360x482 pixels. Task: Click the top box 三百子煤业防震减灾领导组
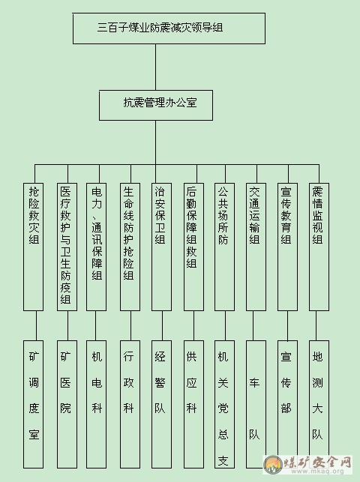[169, 28]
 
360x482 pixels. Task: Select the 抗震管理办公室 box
[156, 105]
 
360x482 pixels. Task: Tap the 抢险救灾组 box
[33, 247]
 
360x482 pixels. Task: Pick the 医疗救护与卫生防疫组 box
[67, 247]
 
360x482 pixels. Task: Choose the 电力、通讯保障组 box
[96, 247]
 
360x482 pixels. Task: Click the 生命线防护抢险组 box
[130, 247]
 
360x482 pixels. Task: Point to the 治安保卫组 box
[162, 247]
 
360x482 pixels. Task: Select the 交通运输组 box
[256, 247]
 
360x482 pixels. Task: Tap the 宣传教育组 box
[287, 247]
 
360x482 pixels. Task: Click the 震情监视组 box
[319, 247]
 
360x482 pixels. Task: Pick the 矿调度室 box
[33, 404]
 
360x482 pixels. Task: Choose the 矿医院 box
[67, 404]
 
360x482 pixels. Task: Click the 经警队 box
[162, 404]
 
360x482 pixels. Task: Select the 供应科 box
[193, 404]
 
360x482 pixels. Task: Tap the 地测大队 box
[319, 404]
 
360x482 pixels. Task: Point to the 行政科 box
[130, 404]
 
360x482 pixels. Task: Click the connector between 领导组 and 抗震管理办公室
[155, 67]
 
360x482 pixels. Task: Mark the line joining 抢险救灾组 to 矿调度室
[36, 325]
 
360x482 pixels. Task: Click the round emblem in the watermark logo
[273, 464]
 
